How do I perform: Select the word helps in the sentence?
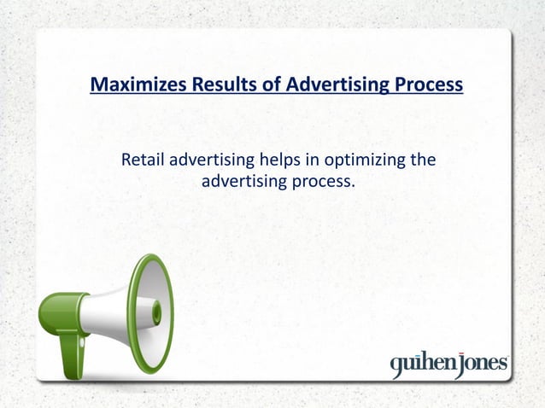[x=267, y=160]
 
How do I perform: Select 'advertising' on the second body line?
[x=242, y=181]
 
